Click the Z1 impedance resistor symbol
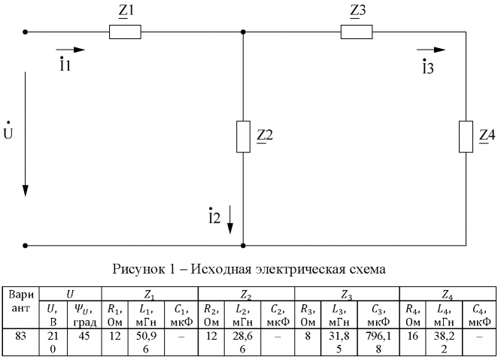click(125, 32)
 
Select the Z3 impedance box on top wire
click(356, 32)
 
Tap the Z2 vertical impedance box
click(243, 136)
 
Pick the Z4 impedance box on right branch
click(466, 136)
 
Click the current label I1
click(65, 64)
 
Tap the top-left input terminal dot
click(26, 32)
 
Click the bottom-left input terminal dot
click(26, 245)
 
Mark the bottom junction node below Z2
click(243, 245)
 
